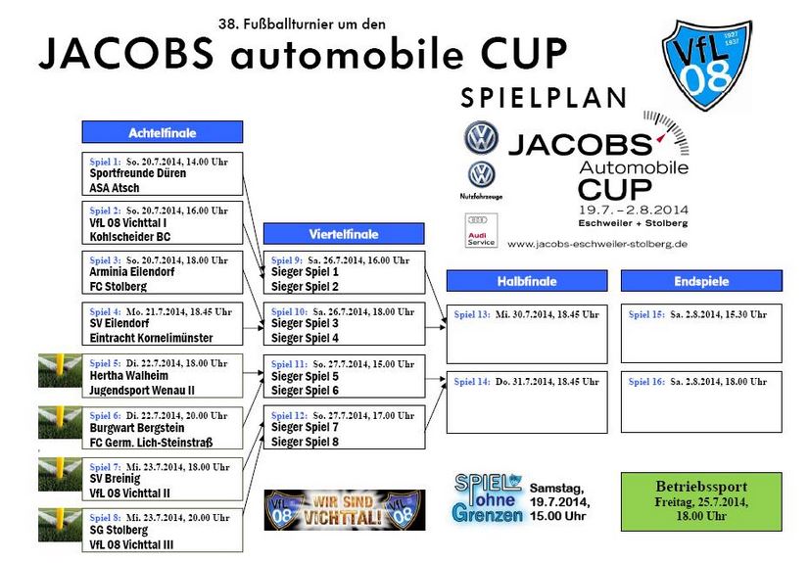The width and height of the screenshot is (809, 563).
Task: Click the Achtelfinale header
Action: point(162,132)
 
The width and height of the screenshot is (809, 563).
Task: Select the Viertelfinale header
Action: point(344,234)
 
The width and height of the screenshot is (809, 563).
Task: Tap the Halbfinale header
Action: point(527,281)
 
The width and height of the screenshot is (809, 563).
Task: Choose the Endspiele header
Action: point(701,281)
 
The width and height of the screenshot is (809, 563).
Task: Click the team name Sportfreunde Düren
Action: point(138,173)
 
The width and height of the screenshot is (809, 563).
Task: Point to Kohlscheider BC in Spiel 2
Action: point(130,237)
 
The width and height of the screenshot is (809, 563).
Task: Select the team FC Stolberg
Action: point(119,287)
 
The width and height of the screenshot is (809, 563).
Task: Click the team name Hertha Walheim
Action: point(129,376)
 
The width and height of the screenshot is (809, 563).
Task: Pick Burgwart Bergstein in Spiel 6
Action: point(137,429)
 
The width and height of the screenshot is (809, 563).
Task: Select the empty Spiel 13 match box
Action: point(527,334)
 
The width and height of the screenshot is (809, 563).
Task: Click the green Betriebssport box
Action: point(701,501)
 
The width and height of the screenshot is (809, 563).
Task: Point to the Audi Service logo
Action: point(481,230)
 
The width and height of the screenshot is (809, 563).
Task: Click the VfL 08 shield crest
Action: point(707,64)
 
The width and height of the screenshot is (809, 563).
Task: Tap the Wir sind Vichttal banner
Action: point(344,510)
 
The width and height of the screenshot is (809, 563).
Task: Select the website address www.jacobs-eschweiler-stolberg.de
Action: point(597,244)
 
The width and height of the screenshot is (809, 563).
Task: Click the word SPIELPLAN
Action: point(544,98)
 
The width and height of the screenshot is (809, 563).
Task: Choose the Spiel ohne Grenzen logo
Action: point(487,498)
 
